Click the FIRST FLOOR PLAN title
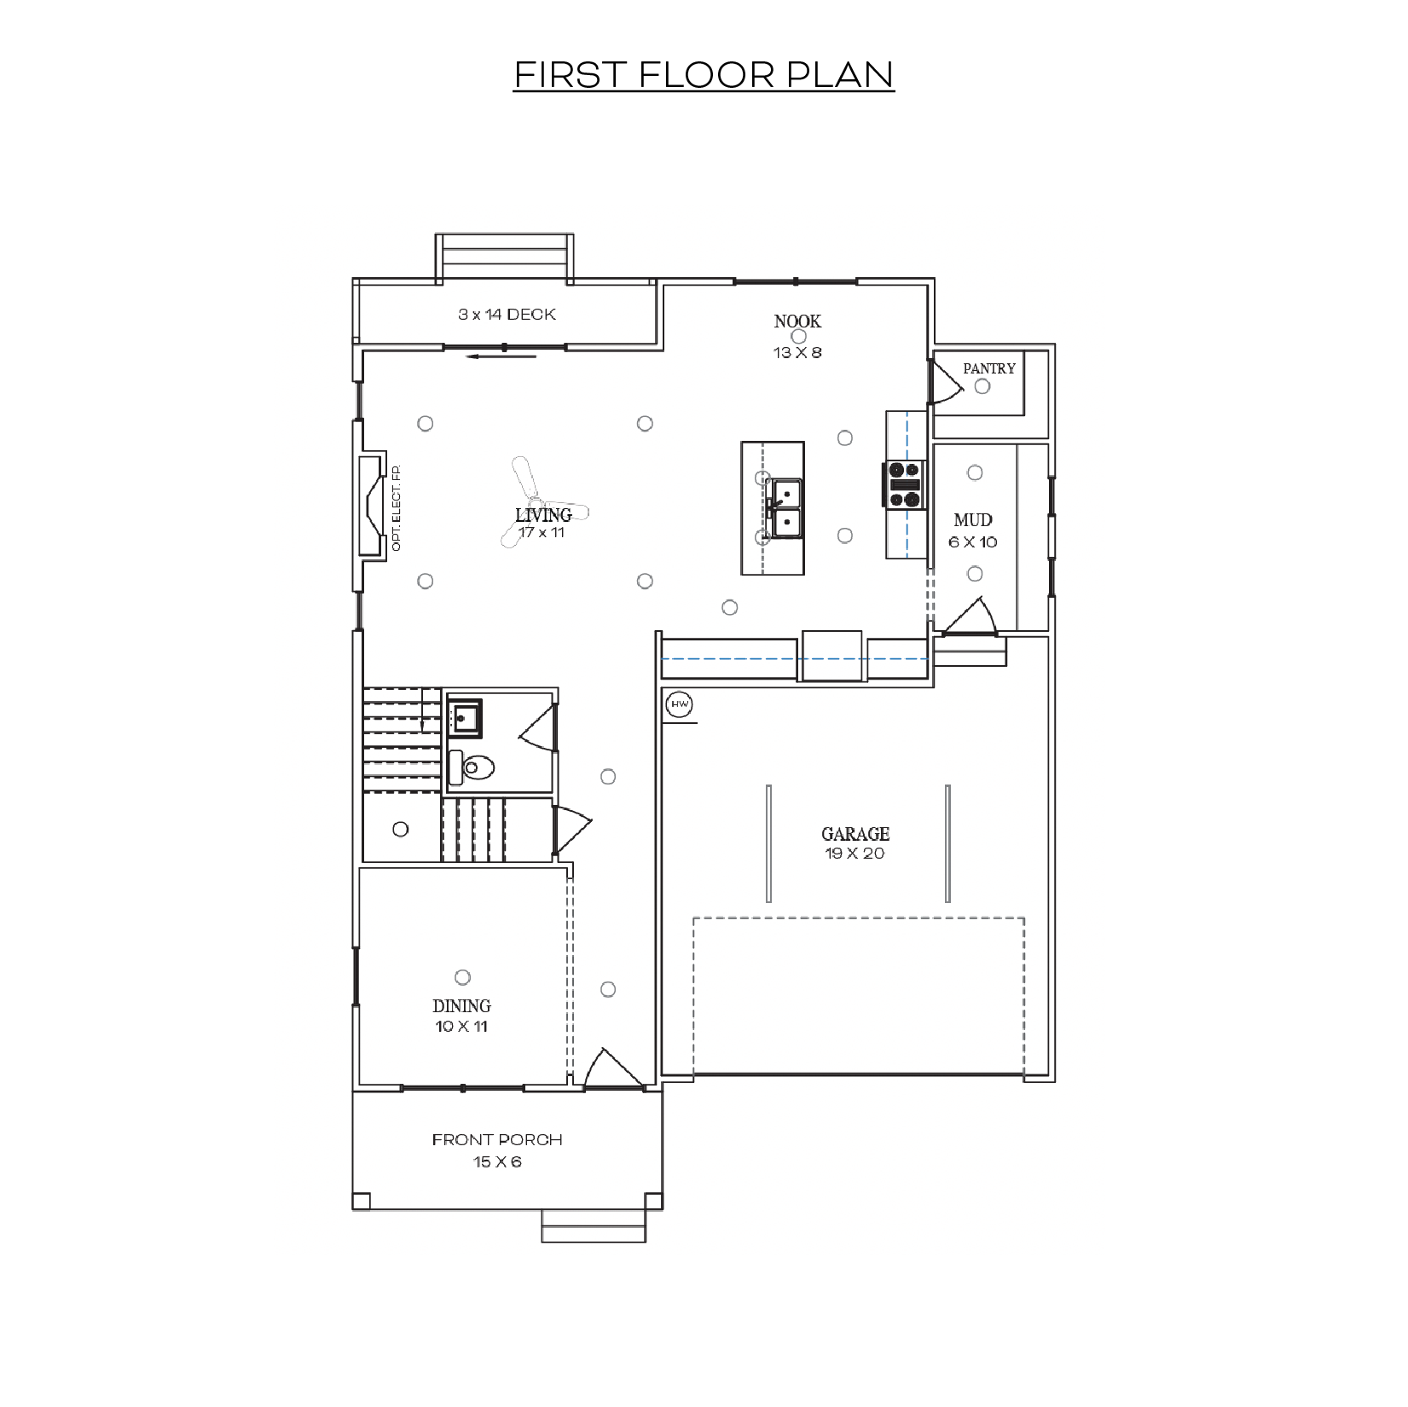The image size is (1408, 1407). (704, 75)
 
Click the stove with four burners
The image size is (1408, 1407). (906, 484)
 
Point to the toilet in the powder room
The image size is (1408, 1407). (472, 767)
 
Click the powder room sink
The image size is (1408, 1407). (465, 718)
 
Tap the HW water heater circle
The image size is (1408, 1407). (680, 704)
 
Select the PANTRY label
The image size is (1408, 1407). (989, 368)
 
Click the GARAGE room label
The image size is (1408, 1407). (855, 834)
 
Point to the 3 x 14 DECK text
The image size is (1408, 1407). (507, 315)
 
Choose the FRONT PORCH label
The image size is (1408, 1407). (497, 1139)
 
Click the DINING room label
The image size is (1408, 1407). (461, 1006)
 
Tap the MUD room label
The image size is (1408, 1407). (973, 520)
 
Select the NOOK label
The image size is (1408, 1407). (797, 321)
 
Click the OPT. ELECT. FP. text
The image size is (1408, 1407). (396, 508)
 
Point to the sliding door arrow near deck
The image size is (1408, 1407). (501, 356)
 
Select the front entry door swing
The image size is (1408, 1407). (607, 1068)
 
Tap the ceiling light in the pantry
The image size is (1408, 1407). (982, 386)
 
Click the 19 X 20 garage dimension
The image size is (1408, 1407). (855, 854)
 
